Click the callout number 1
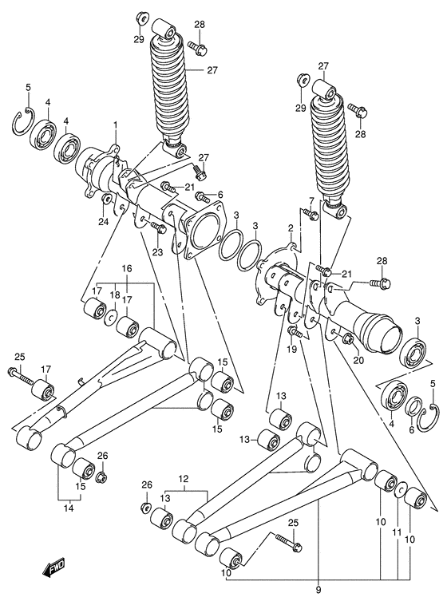(x=115, y=125)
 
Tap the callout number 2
(x=290, y=228)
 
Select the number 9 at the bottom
(x=319, y=591)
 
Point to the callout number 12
(x=184, y=479)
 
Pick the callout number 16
(x=126, y=268)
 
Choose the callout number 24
(x=103, y=221)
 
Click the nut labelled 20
(x=349, y=341)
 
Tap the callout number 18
(x=115, y=295)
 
